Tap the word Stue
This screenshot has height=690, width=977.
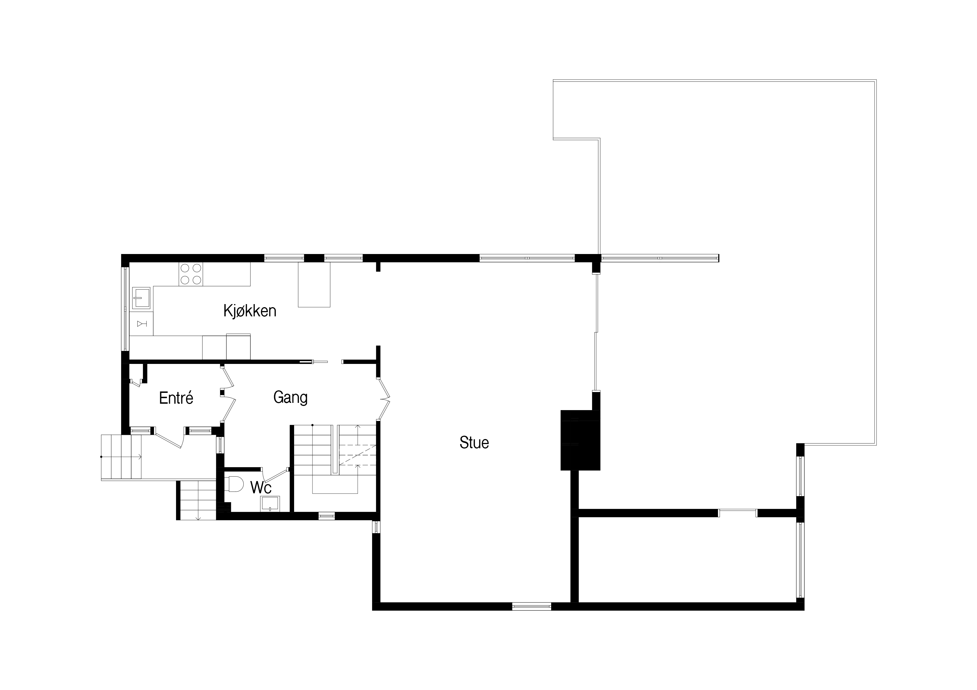[474, 443]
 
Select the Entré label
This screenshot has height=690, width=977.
[176, 398]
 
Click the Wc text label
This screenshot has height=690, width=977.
[261, 487]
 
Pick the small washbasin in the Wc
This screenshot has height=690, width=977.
[270, 503]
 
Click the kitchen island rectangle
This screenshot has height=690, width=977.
[314, 284]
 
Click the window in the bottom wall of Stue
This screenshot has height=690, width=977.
[531, 606]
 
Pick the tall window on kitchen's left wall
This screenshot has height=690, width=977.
[125, 309]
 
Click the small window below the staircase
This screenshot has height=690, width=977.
[327, 516]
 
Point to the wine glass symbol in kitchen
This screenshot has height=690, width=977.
[142, 324]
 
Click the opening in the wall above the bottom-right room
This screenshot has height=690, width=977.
[738, 513]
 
